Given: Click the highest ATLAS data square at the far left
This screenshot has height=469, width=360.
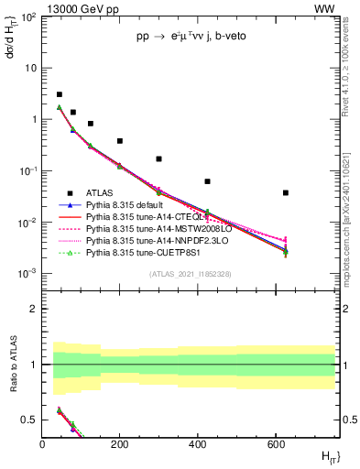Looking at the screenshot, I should click(x=60, y=94).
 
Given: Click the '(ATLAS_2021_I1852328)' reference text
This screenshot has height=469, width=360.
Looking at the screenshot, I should click(x=189, y=274).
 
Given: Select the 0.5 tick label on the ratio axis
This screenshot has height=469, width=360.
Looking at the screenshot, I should click(x=30, y=420).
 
